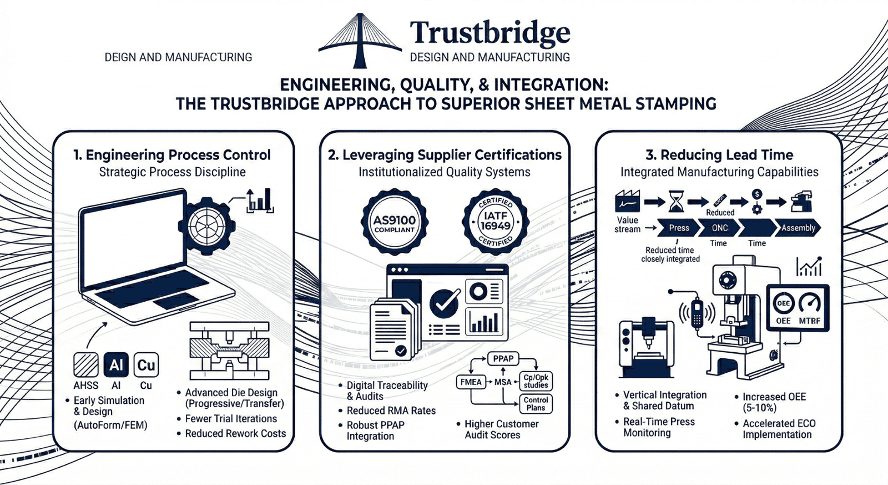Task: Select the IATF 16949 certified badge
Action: click(x=496, y=222)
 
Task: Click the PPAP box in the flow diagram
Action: click(x=503, y=359)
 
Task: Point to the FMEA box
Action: click(x=471, y=382)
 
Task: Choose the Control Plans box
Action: click(x=536, y=404)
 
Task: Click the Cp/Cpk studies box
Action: click(x=536, y=381)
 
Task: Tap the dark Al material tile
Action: click(x=116, y=365)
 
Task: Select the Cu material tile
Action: click(x=146, y=365)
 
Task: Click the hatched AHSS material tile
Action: click(x=86, y=365)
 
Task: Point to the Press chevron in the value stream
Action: click(x=678, y=228)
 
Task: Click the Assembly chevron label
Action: click(x=798, y=228)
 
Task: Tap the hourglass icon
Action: click(x=676, y=201)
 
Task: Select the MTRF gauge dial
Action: click(x=810, y=304)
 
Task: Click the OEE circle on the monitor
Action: click(x=783, y=303)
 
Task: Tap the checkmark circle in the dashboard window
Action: click(x=445, y=303)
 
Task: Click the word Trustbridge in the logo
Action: click(x=490, y=33)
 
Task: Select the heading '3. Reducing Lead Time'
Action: click(x=719, y=155)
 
